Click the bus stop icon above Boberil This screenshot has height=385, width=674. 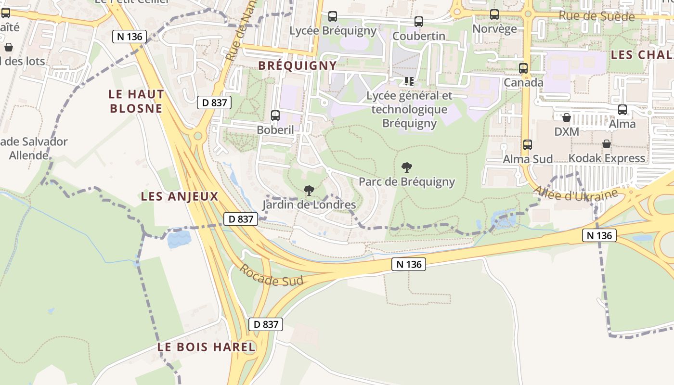[275, 115]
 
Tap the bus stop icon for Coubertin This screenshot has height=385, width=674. [418, 22]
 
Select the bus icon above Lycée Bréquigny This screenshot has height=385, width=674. [333, 16]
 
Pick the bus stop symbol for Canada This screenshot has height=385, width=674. [523, 68]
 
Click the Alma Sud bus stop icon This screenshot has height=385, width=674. [528, 144]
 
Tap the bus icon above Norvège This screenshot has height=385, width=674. [494, 14]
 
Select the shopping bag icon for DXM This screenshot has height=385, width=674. [567, 117]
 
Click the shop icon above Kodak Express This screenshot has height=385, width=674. [607, 144]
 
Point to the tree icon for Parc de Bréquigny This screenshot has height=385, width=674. [407, 167]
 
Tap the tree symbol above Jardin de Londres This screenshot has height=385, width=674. [309, 191]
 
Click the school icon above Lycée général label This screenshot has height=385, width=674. [409, 81]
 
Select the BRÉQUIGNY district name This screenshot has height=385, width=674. [298, 65]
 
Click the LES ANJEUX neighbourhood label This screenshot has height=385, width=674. [180, 196]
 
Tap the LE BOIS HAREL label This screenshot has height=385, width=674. [207, 347]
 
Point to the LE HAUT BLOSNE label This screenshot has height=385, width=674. [137, 101]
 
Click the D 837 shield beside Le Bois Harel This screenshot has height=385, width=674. [266, 324]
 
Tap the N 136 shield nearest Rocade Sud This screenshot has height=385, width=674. [408, 264]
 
